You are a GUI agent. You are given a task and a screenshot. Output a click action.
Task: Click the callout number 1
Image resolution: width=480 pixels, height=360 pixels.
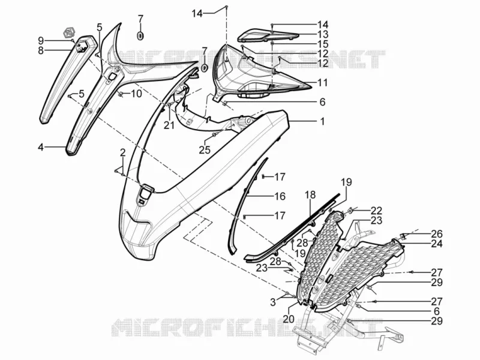322,122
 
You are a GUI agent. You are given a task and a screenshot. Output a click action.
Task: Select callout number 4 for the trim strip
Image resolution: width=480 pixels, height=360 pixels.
41,147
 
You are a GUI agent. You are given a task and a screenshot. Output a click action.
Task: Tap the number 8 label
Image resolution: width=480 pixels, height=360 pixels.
41,50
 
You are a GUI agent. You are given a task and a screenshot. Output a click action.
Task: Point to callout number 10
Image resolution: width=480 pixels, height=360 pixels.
136,94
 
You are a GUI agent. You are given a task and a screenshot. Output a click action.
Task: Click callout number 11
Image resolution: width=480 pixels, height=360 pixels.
322,83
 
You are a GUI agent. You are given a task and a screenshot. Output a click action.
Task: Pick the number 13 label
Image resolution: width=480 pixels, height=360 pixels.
323,34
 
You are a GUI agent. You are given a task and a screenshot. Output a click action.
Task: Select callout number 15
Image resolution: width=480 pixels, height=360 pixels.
323,44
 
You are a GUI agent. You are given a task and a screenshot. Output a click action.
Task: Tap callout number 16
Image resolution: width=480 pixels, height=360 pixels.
280,196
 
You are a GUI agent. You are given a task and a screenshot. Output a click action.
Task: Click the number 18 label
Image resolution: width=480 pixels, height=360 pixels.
310,194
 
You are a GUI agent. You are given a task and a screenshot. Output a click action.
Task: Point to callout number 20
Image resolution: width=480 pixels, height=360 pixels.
289,319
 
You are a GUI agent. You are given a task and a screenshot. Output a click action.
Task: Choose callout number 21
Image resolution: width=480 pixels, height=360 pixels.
169,125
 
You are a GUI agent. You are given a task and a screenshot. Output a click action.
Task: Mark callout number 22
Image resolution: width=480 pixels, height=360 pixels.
377,211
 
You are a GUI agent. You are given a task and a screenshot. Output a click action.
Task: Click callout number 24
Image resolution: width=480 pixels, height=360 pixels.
437,244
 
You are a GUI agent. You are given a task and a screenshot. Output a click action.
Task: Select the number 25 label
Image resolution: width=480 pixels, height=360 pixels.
205,149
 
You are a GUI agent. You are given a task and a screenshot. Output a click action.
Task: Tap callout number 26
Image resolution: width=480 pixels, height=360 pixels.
437,234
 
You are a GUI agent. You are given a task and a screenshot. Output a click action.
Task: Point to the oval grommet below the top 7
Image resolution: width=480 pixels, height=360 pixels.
140,36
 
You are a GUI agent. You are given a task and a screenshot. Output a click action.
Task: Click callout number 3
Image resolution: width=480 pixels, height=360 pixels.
273,302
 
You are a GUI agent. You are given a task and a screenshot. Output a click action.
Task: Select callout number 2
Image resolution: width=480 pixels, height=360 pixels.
123,152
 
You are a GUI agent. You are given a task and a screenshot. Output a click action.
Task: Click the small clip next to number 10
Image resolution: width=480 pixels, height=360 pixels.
121,94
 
